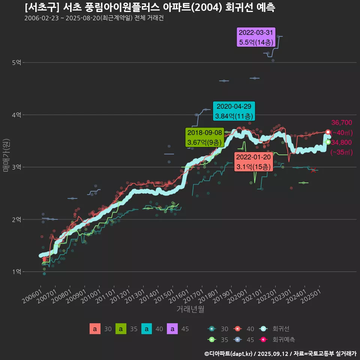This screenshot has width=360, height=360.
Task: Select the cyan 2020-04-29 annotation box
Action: (x=234, y=111)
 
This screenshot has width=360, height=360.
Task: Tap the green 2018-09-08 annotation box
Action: (x=204, y=138)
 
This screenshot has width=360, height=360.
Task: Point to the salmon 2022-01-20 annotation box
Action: (x=253, y=162)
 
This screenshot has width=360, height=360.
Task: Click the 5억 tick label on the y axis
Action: (x=16, y=63)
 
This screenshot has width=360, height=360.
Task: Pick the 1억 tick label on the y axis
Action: (x=16, y=271)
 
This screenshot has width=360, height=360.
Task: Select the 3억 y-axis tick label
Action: (x=16, y=167)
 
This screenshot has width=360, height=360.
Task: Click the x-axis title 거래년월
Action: (x=190, y=309)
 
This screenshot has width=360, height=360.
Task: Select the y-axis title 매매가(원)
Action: (x=6, y=155)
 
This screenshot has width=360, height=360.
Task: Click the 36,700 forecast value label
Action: (x=342, y=123)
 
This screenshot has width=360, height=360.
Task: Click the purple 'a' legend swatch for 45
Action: (x=172, y=329)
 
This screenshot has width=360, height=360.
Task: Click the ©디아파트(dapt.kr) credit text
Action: (x=229, y=354)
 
